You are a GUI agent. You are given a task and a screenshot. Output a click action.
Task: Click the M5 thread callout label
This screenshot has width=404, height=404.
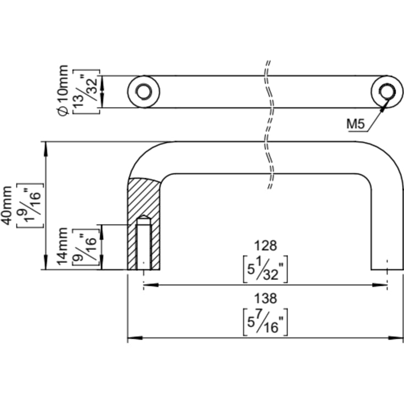click(356, 124)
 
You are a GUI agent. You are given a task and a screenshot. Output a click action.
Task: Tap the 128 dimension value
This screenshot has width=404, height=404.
click(265, 246)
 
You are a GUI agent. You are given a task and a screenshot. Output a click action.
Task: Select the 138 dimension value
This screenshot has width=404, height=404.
click(265, 298)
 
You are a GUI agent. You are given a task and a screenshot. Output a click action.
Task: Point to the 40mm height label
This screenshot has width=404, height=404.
click(7, 205)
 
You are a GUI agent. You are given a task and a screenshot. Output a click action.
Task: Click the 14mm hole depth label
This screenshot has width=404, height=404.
click(62, 246)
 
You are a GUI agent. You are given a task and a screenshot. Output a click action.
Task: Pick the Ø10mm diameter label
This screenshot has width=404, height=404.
click(63, 91)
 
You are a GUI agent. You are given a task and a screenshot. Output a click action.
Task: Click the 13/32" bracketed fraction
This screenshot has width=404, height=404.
click(87, 92)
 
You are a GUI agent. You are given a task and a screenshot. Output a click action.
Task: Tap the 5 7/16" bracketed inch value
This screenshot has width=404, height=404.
click(265, 322)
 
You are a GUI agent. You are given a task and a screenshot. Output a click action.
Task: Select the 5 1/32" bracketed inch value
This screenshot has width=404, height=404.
click(265, 269)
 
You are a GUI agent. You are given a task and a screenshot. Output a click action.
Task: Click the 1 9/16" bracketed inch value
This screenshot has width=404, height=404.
click(30, 206)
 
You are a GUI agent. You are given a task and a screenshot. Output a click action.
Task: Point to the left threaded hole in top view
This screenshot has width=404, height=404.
click(143, 91)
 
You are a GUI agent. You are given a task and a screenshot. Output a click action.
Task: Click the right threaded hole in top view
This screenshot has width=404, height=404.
click(388, 91)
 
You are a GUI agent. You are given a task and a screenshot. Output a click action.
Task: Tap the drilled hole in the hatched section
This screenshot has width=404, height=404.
click(144, 242)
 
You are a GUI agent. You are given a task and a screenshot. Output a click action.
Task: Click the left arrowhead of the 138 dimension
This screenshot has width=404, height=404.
click(135, 338)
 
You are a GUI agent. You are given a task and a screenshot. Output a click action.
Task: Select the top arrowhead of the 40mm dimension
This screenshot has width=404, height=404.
click(46, 148)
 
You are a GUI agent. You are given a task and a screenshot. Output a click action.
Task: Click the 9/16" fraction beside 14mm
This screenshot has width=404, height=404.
click(86, 247)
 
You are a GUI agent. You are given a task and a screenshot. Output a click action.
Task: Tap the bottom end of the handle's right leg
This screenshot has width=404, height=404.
click(387, 269)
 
